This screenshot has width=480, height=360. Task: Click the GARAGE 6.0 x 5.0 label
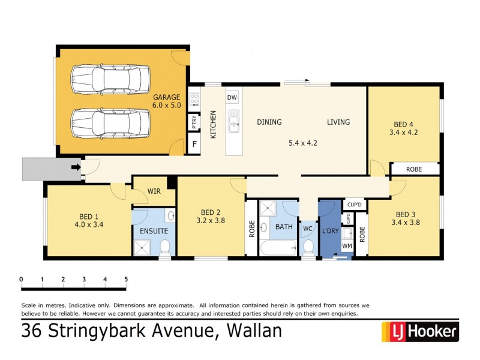[166, 101]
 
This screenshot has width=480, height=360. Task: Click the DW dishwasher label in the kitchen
[232, 97]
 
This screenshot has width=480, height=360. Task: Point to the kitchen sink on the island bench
[234, 122]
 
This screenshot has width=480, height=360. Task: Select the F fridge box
[194, 145]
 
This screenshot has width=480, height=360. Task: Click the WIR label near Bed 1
[154, 192]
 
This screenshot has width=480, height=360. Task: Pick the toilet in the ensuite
[164, 246]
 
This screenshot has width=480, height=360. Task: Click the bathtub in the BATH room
[278, 247]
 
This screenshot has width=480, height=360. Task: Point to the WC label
[307, 229]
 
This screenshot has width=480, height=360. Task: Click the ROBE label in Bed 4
[414, 169]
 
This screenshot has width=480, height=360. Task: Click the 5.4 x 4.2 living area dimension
[303, 143]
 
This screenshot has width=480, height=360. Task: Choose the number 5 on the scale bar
[126, 280]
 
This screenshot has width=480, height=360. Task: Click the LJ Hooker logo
[420, 331]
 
